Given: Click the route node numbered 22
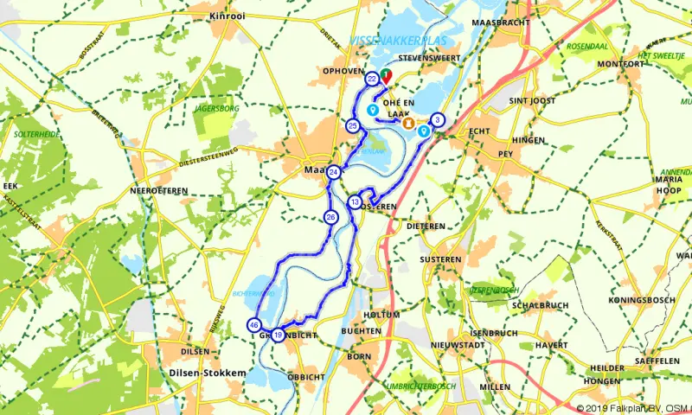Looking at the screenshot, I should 372,79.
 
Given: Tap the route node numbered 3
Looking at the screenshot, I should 438,120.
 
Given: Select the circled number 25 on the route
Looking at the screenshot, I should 353,126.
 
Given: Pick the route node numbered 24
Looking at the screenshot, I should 334,172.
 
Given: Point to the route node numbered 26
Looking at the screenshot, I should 331,217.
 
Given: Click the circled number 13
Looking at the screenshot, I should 355,201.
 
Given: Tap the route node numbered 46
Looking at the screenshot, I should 253,325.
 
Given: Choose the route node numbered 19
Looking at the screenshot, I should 278,335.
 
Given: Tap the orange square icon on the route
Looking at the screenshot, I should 411,122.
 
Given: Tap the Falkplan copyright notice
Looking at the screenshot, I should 632,406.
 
